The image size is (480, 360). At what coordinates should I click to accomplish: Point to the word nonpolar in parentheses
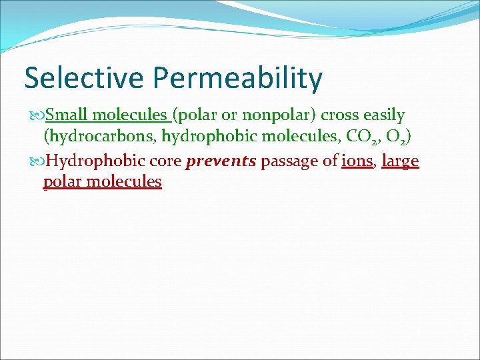pyautogui.click(x=269, y=115)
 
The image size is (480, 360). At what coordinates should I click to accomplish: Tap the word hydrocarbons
pyautogui.click(x=99, y=138)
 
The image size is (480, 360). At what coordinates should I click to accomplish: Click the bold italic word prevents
pyautogui.click(x=221, y=161)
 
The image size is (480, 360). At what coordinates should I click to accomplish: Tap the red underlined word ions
pyautogui.click(x=356, y=161)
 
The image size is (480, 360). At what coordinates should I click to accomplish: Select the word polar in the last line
pyautogui.click(x=63, y=182)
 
